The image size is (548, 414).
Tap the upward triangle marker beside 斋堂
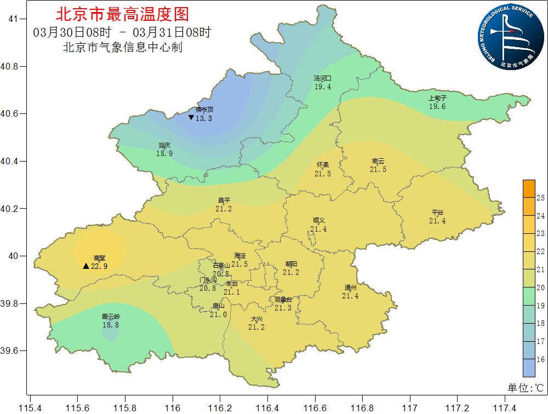(86, 266)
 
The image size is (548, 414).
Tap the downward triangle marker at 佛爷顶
(191, 118)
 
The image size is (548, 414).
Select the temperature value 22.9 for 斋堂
(99, 266)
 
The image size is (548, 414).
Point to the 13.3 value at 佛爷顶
(204, 118)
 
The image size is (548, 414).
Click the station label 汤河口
(322, 78)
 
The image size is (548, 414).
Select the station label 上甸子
(437, 99)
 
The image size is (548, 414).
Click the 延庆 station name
(164, 146)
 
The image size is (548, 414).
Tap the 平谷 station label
(437, 212)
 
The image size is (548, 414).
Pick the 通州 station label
(350, 287)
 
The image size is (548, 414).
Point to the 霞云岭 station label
(111, 317)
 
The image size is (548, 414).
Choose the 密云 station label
(378, 161)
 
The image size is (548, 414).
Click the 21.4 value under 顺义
(318, 229)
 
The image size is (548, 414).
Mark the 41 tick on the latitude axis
(14, 19)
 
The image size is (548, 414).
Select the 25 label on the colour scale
(539, 198)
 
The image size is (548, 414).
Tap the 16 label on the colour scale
(539, 359)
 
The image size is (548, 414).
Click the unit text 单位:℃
(525, 388)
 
